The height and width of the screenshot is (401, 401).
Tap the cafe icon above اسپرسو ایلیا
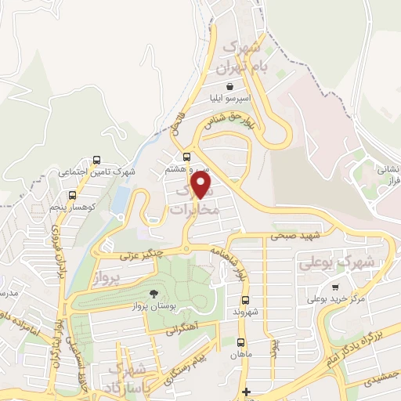(x=229, y=86)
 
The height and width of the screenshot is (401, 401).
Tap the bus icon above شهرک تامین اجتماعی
(x=96, y=159)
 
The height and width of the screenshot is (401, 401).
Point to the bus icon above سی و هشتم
(x=186, y=157)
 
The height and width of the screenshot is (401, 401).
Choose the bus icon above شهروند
(x=244, y=300)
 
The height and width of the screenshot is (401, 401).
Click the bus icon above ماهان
(x=240, y=342)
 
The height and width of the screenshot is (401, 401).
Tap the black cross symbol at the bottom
(x=247, y=392)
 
